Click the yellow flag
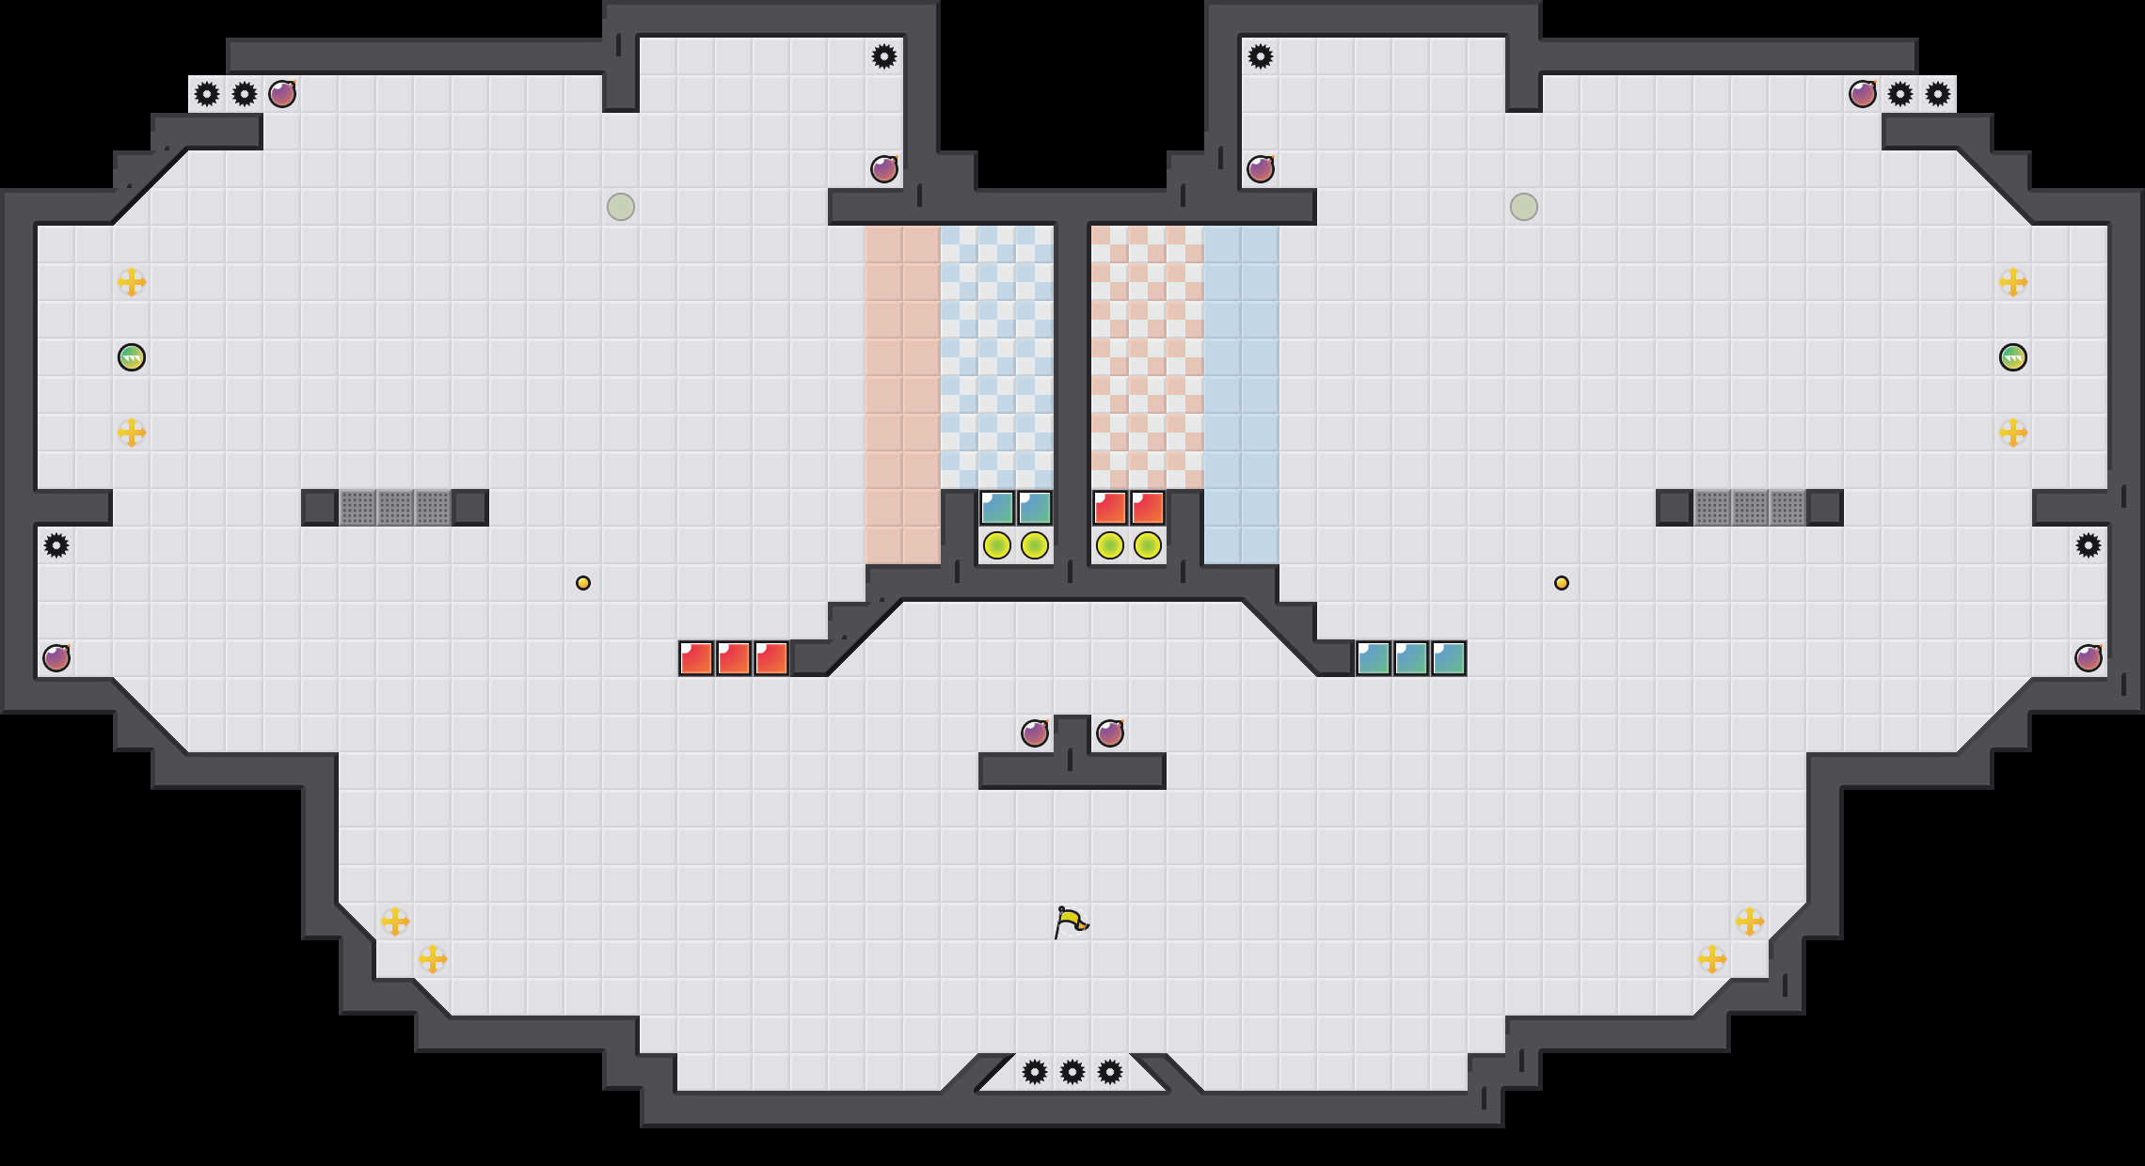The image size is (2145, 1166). click(x=1070, y=922)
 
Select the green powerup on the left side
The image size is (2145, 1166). click(x=132, y=357)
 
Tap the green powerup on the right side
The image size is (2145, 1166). click(x=2012, y=357)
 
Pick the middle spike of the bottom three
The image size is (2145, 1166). click(x=1072, y=1072)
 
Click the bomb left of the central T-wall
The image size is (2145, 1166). click(x=1035, y=733)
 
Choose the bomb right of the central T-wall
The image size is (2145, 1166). click(x=1110, y=733)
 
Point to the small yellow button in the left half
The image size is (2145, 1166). click(x=583, y=583)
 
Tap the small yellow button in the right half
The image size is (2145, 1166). click(x=1562, y=583)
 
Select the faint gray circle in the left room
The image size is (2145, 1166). click(x=621, y=207)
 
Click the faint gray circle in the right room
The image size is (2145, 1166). click(x=1524, y=207)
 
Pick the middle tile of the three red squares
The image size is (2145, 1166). click(x=734, y=658)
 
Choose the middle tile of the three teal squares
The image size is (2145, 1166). click(x=1411, y=658)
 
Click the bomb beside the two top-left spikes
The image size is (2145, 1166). click(x=282, y=94)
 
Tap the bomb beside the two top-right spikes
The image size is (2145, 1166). click(x=1863, y=94)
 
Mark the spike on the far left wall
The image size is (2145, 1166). click(x=56, y=545)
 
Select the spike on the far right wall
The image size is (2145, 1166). click(x=2089, y=545)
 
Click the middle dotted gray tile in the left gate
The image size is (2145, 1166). click(x=395, y=508)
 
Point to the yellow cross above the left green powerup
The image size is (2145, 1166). click(x=132, y=282)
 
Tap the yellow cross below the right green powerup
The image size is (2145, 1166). click(x=2012, y=433)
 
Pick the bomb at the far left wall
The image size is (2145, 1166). click(x=56, y=658)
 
